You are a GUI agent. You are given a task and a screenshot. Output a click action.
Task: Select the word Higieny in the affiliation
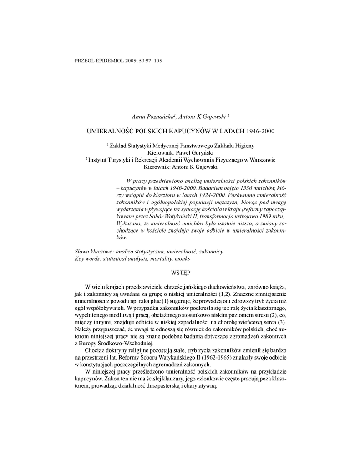tap(243, 146)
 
